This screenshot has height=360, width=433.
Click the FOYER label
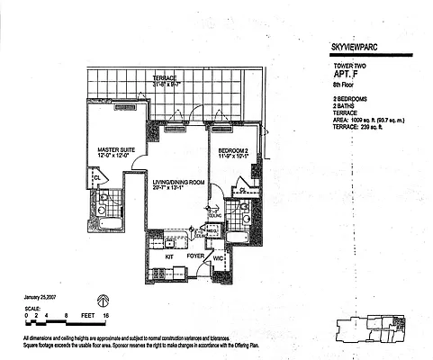pos(195,256)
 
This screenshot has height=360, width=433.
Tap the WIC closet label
pos(217,260)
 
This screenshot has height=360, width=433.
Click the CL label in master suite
pos(95,177)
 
